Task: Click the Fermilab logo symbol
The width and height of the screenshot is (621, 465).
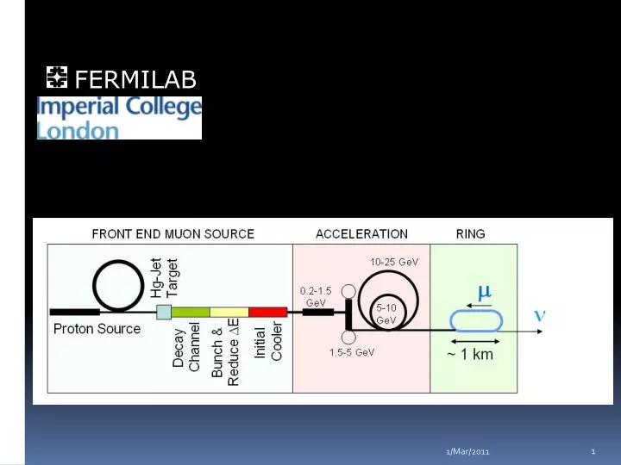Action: [x=56, y=79]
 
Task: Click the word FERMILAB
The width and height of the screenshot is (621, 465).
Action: [x=135, y=80]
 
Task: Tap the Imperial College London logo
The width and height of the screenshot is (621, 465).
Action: [x=119, y=118]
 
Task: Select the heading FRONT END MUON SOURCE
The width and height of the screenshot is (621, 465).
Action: [x=172, y=233]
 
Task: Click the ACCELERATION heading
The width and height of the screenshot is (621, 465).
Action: [x=361, y=233]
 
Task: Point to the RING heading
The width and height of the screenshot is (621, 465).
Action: [x=470, y=233]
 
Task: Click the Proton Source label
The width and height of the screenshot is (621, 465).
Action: [x=97, y=328]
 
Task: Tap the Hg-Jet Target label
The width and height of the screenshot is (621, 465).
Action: [x=164, y=277]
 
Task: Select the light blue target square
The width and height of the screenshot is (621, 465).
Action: [x=164, y=312]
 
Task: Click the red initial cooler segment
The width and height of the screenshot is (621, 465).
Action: [x=267, y=312]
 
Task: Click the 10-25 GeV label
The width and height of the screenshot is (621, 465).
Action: [x=394, y=261]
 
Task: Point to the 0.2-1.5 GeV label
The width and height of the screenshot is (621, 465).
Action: [x=316, y=296]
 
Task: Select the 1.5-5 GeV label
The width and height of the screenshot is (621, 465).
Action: [x=352, y=352]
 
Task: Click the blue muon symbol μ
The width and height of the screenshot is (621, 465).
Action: [x=485, y=292]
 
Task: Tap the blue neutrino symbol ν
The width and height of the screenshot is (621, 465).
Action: [x=540, y=315]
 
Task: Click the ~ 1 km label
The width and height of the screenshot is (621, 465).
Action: [x=470, y=354]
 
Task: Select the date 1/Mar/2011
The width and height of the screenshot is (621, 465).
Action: [x=467, y=452]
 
